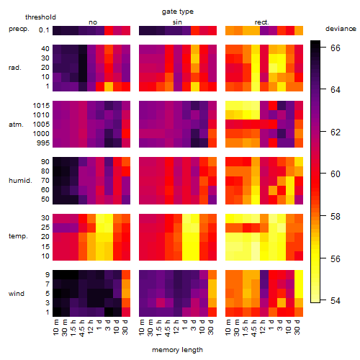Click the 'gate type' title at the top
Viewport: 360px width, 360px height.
click(x=178, y=12)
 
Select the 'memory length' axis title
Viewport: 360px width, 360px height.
click(x=177, y=350)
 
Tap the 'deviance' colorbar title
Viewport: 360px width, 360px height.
click(x=341, y=29)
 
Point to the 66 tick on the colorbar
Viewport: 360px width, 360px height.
click(x=336, y=48)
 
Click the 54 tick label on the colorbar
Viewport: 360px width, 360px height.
click(x=336, y=300)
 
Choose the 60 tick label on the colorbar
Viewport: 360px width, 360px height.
click(x=336, y=174)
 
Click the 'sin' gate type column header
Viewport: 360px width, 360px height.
click(x=177, y=22)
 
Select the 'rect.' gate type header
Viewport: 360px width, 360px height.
click(x=261, y=22)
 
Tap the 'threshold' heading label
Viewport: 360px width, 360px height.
click(x=40, y=17)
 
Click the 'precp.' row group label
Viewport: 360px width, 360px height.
click(x=19, y=29)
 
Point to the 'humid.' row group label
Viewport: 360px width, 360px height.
click(x=20, y=181)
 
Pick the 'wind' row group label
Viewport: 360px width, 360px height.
click(x=17, y=294)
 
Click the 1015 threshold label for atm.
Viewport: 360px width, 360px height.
click(x=41, y=106)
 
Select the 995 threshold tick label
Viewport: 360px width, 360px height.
click(x=43, y=143)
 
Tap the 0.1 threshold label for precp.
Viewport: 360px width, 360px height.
click(x=44, y=30)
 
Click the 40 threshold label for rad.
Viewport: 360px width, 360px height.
click(x=45, y=49)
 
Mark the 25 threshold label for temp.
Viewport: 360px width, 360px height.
click(x=45, y=228)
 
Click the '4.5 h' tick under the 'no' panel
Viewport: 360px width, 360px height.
click(x=81, y=328)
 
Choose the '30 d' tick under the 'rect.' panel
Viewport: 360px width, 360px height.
click(x=297, y=328)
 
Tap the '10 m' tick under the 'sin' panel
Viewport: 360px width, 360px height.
click(x=142, y=328)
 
